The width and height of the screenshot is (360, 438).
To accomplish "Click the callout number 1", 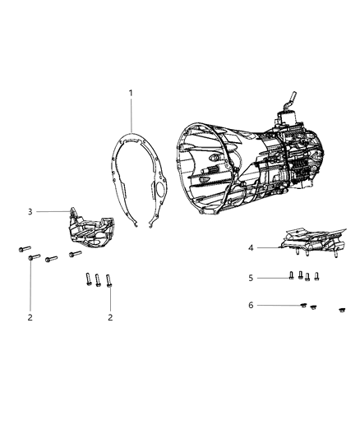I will point(131,94).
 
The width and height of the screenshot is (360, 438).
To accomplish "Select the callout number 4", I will point(251,247).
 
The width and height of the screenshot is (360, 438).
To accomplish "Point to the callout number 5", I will point(251,278).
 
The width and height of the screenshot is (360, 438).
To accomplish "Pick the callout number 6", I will point(251,305).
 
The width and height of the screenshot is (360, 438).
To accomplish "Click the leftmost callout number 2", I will point(30,316).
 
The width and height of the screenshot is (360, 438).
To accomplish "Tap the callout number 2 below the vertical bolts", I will point(109,316).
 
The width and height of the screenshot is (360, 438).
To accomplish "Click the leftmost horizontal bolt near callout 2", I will point(22,247).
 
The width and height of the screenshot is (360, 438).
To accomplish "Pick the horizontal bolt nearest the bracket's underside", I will point(76,254).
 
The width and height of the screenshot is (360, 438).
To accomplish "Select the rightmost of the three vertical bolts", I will point(108,280).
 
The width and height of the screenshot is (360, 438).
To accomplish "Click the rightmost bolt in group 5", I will point(316,275).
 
